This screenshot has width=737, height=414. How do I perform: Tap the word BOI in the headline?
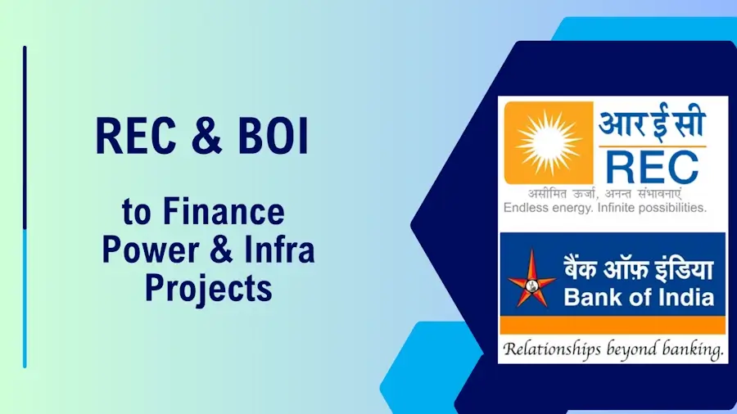point(273,136)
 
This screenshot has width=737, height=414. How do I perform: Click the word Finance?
point(224,212)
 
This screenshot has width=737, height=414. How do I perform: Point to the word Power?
point(151,250)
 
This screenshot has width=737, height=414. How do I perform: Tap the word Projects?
point(208,287)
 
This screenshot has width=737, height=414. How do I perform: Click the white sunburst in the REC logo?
point(549,142)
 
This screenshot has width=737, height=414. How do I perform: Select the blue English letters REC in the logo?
point(652,167)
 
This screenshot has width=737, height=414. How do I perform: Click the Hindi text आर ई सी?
point(652,123)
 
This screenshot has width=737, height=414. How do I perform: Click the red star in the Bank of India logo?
point(531,280)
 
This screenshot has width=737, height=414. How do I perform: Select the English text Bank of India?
point(639,297)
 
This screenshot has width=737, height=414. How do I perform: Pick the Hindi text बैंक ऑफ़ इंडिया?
point(639,270)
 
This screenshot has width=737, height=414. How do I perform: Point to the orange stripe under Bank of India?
point(613,325)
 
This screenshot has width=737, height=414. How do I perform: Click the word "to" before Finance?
point(137,213)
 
